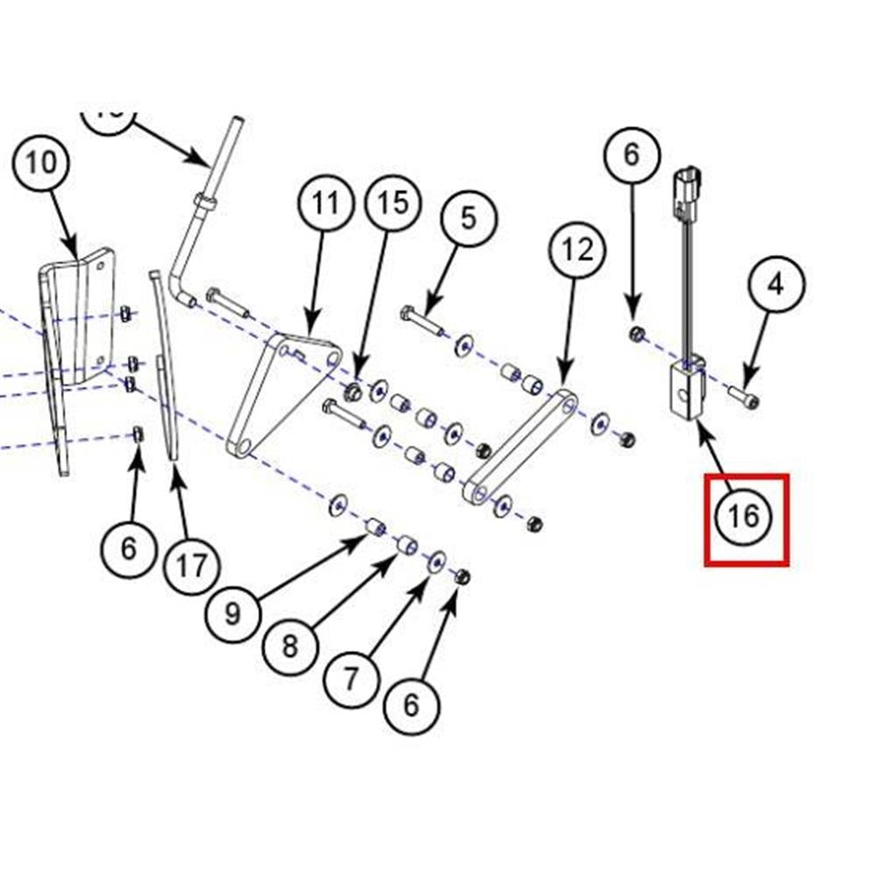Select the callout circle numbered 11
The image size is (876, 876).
[325, 204]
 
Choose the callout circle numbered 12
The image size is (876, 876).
[578, 251]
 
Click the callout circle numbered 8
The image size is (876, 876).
[290, 646]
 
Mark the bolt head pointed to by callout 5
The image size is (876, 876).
[408, 313]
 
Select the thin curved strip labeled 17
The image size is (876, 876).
[166, 368]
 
